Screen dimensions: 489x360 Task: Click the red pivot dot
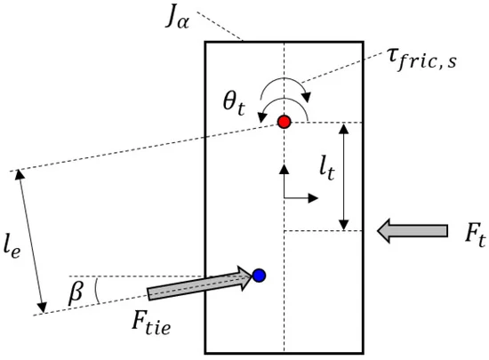pyautogui.click(x=285, y=122)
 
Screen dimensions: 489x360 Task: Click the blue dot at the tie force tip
pyautogui.click(x=259, y=276)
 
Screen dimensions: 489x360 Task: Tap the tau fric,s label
pyautogui.click(x=422, y=60)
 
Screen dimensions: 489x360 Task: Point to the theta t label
pyautogui.click(x=234, y=104)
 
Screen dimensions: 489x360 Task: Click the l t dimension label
pyautogui.click(x=327, y=169)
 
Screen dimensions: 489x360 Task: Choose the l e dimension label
pyautogui.click(x=12, y=246)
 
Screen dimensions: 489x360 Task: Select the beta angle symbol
pyautogui.click(x=76, y=293)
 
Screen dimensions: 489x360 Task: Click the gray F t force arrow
pyautogui.click(x=413, y=230)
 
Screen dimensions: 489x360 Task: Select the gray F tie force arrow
pyautogui.click(x=199, y=283)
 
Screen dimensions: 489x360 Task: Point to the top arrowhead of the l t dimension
pyautogui.click(x=344, y=128)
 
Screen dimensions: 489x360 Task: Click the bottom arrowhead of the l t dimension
pyautogui.click(x=344, y=225)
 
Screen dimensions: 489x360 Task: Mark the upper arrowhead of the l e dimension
pyautogui.click(x=20, y=174)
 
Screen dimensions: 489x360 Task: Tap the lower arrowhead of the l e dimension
pyautogui.click(x=42, y=307)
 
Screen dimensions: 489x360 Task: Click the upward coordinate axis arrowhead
pyautogui.click(x=284, y=169)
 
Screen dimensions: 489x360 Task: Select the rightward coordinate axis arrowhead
pyautogui.click(x=313, y=197)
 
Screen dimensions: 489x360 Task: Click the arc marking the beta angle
pyautogui.click(x=98, y=291)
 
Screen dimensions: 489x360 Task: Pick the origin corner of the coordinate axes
pyautogui.click(x=284, y=197)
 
